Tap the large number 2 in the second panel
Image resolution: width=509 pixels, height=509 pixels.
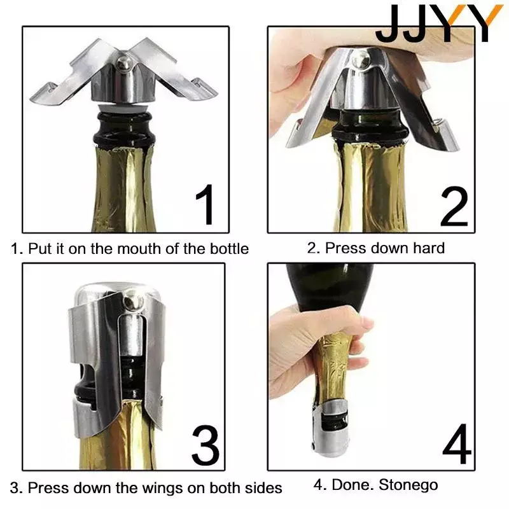454,206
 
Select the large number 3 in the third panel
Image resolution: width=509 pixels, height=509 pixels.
206,446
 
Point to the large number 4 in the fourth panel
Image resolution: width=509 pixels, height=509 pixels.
457,443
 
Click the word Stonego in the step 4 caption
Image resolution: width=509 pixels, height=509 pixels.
408,485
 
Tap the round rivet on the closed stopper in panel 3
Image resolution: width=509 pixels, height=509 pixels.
132,302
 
